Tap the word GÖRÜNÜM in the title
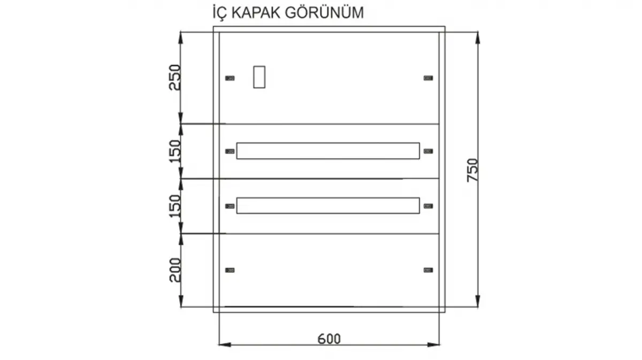pyautogui.click(x=325, y=13)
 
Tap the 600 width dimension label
pyautogui.click(x=329, y=339)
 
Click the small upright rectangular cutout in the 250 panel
pyautogui.click(x=259, y=76)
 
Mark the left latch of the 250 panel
pyautogui.click(x=230, y=78)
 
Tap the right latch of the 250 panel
pyautogui.click(x=428, y=78)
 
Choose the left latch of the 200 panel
pyautogui.click(x=230, y=270)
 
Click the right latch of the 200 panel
pyautogui.click(x=428, y=270)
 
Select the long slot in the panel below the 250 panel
pyautogui.click(x=328, y=151)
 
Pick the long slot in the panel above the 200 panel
pyautogui.click(x=328, y=206)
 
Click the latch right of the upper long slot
pyautogui.click(x=428, y=151)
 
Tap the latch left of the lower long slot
pyautogui.click(x=230, y=206)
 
